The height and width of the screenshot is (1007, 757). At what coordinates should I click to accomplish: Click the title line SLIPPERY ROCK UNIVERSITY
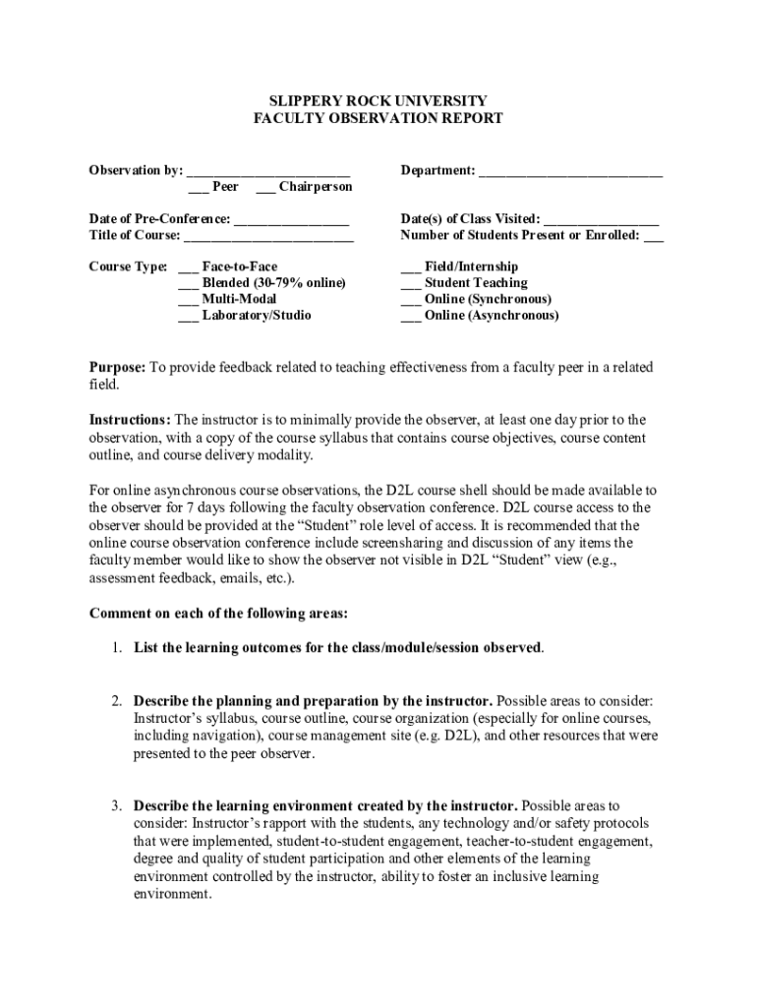pyautogui.click(x=378, y=101)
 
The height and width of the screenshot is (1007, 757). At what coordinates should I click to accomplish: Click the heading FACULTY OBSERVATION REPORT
pyautogui.click(x=378, y=119)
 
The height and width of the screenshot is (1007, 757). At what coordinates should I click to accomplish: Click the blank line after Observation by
pyautogui.click(x=268, y=172)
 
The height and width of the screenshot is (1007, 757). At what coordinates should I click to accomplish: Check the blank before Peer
pyautogui.click(x=198, y=188)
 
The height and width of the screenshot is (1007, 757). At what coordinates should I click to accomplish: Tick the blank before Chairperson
pyautogui.click(x=264, y=188)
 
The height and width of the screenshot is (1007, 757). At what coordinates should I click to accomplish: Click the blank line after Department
pyautogui.click(x=570, y=172)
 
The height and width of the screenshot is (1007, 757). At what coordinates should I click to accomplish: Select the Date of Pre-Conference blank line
pyautogui.click(x=292, y=220)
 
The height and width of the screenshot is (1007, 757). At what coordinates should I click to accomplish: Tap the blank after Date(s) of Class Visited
pyautogui.click(x=601, y=220)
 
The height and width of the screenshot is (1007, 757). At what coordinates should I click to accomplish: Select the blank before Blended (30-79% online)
pyautogui.click(x=188, y=284)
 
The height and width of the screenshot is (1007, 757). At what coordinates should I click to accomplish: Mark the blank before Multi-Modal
pyautogui.click(x=188, y=300)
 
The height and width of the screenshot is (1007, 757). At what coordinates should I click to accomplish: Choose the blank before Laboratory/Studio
pyautogui.click(x=188, y=317)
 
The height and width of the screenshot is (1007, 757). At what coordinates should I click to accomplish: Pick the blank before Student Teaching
pyautogui.click(x=411, y=284)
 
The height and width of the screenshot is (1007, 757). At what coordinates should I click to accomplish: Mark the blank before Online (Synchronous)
pyautogui.click(x=411, y=300)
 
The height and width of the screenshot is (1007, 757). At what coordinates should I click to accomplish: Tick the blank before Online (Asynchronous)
pyautogui.click(x=411, y=317)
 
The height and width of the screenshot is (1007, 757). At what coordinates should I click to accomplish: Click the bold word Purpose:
pyautogui.click(x=118, y=368)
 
